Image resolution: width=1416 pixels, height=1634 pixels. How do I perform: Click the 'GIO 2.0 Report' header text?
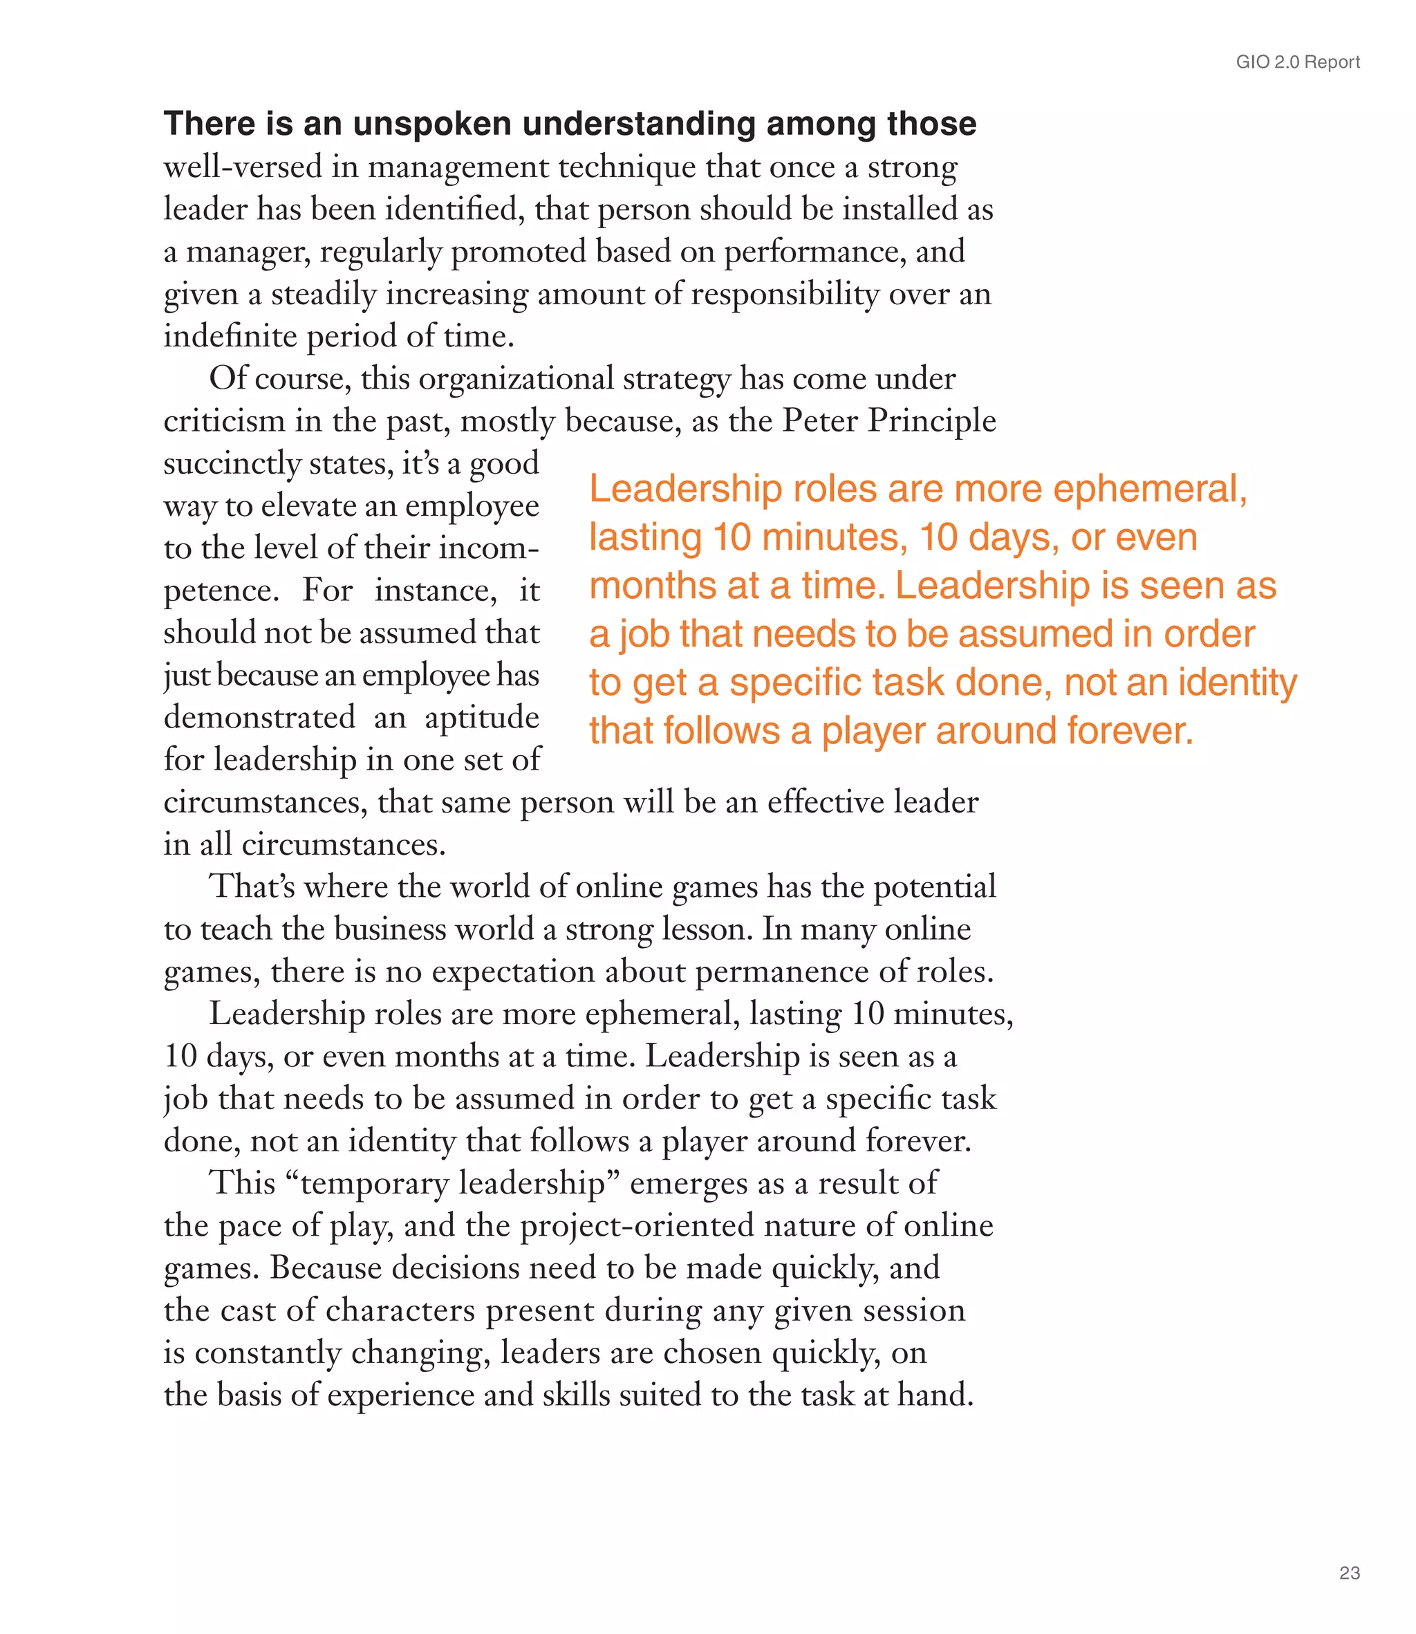click(1298, 62)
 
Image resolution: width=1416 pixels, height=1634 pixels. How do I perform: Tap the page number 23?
click(1350, 1572)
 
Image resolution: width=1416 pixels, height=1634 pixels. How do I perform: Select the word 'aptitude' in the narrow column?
click(481, 718)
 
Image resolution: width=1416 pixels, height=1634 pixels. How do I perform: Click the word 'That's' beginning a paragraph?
click(252, 886)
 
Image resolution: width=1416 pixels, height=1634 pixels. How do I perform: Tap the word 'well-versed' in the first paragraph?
click(221, 167)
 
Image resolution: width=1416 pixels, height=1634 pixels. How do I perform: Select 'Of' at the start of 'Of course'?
click(227, 378)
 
